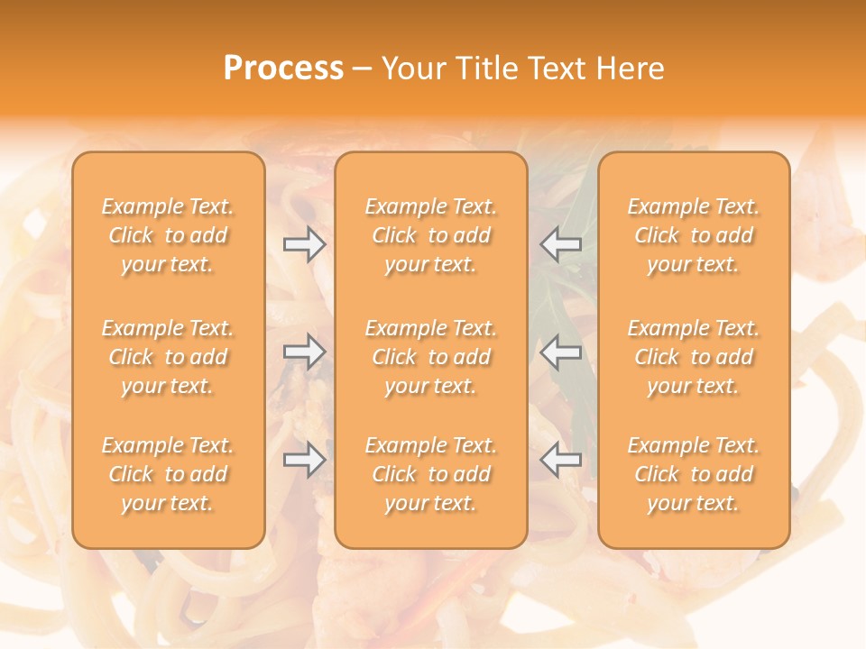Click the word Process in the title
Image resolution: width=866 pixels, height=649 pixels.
pyautogui.click(x=283, y=69)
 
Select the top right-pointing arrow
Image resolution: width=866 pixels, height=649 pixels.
pyautogui.click(x=304, y=244)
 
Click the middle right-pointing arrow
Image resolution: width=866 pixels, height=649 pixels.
pyautogui.click(x=304, y=352)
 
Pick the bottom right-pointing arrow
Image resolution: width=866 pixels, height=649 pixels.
pyautogui.click(x=304, y=461)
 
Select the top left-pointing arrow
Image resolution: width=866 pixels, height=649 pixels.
pyautogui.click(x=561, y=244)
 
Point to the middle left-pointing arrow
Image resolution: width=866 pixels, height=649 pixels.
pyautogui.click(x=561, y=352)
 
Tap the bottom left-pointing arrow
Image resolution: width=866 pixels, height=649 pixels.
pyautogui.click(x=561, y=461)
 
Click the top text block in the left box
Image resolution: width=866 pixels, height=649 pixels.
pyautogui.click(x=168, y=235)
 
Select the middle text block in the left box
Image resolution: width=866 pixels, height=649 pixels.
pyautogui.click(x=168, y=357)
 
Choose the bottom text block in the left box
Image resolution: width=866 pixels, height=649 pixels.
pyautogui.click(x=168, y=474)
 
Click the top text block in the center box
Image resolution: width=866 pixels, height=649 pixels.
pyautogui.click(x=431, y=235)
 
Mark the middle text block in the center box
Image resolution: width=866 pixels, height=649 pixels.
pyautogui.click(x=431, y=357)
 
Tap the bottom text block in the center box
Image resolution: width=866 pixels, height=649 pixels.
pyautogui.click(x=431, y=474)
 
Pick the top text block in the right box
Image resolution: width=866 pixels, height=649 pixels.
pyautogui.click(x=694, y=235)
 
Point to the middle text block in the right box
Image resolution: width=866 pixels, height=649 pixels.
pyautogui.click(x=694, y=357)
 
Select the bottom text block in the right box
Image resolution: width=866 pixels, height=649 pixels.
pyautogui.click(x=694, y=474)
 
